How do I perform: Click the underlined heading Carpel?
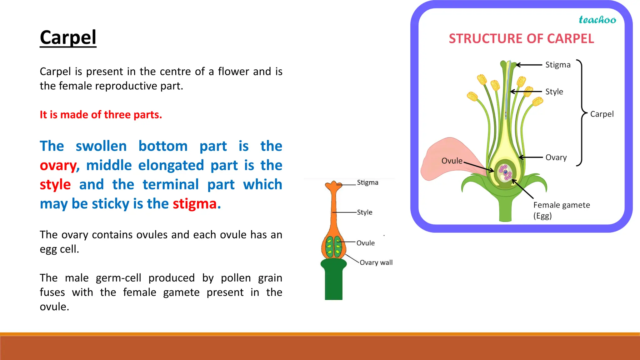coord(68,38)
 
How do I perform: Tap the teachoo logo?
coord(597,20)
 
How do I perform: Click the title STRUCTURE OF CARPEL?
coord(521,39)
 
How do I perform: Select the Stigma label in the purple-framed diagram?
coord(558,65)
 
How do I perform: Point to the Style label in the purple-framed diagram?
coord(554,92)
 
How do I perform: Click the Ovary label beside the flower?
coord(556,157)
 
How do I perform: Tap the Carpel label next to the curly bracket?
coord(602,114)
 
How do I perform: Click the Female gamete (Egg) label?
coord(561,210)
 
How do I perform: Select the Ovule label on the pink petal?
coord(452,161)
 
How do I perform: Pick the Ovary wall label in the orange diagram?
coord(376,263)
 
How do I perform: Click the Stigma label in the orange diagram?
coord(367,182)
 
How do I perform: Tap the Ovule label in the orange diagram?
coord(365,243)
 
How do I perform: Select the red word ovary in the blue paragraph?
coord(58,166)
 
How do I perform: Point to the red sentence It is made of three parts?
coord(101,115)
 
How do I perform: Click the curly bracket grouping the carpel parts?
coord(581,112)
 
